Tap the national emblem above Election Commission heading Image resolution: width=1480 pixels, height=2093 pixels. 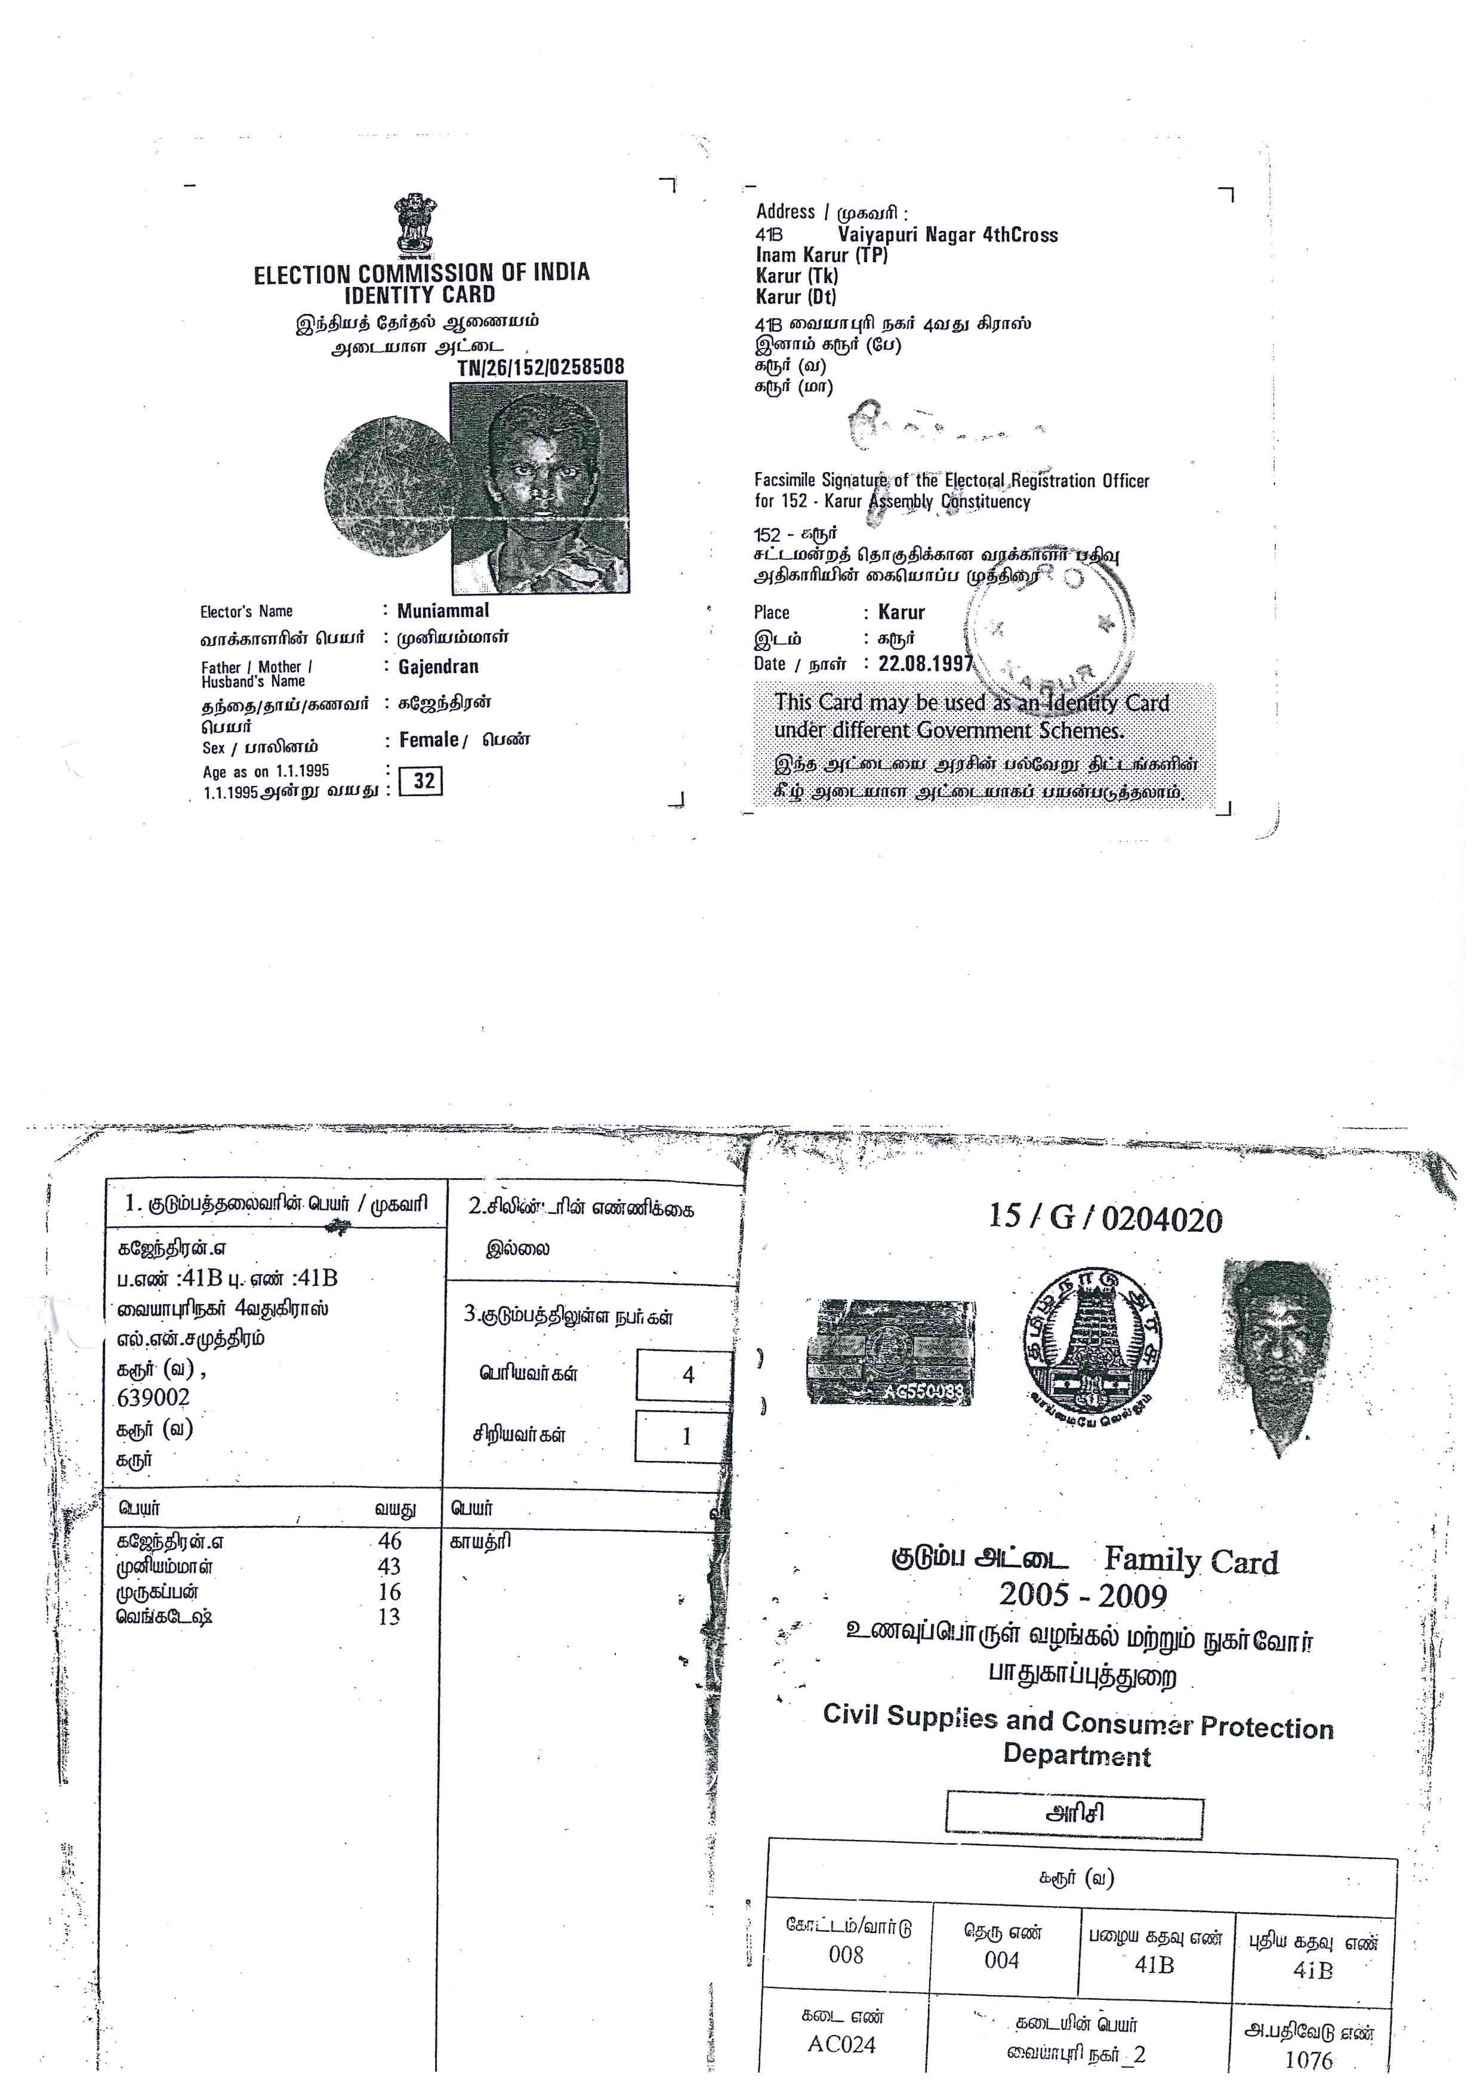(x=415, y=223)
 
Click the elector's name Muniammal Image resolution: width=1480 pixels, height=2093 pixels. (x=443, y=611)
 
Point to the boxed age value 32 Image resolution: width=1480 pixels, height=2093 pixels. (x=423, y=781)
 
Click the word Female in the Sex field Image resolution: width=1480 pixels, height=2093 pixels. (x=428, y=740)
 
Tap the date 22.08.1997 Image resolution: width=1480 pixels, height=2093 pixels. (x=925, y=664)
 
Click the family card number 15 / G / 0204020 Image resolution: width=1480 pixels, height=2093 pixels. (x=1105, y=1219)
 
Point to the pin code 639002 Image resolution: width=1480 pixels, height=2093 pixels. (x=153, y=1398)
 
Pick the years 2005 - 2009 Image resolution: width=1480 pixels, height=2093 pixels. (x=1083, y=1594)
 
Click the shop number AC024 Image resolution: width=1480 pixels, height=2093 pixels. (x=841, y=2045)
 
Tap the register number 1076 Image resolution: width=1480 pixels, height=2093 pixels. (x=1309, y=2059)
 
